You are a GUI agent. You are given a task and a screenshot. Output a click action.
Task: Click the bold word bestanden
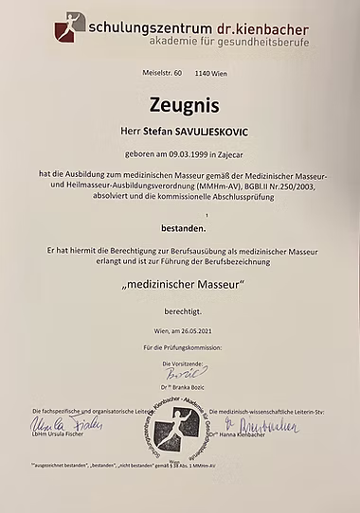180,228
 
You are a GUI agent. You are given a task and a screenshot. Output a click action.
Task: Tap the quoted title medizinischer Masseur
180,284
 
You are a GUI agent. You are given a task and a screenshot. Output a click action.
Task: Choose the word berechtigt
180,310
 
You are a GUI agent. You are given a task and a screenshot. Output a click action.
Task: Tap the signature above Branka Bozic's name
180,374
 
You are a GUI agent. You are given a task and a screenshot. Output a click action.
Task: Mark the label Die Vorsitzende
180,363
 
